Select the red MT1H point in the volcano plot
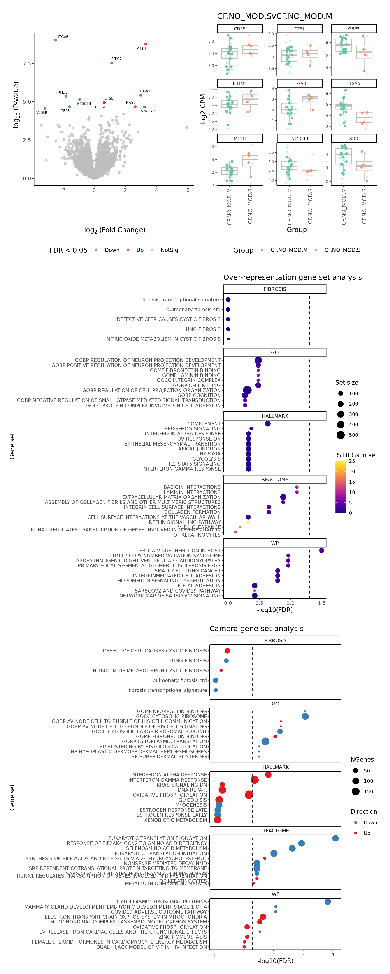[x=145, y=44]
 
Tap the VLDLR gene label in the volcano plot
[x=42, y=113]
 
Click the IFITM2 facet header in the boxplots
[x=240, y=84]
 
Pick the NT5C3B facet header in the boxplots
[x=299, y=138]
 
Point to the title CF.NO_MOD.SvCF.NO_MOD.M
[x=274, y=16]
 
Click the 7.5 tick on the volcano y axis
[x=27, y=64]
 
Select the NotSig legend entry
[x=169, y=250]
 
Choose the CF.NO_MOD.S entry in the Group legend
[x=342, y=250]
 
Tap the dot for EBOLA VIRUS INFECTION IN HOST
[x=321, y=551]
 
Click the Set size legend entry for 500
[x=341, y=435]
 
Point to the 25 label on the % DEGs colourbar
[x=352, y=461]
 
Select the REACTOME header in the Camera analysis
[x=275, y=831]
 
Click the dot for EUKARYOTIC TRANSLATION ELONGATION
[x=335, y=838]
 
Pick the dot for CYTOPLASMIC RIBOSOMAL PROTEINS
[x=327, y=902]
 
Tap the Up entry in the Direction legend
[x=367, y=833]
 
